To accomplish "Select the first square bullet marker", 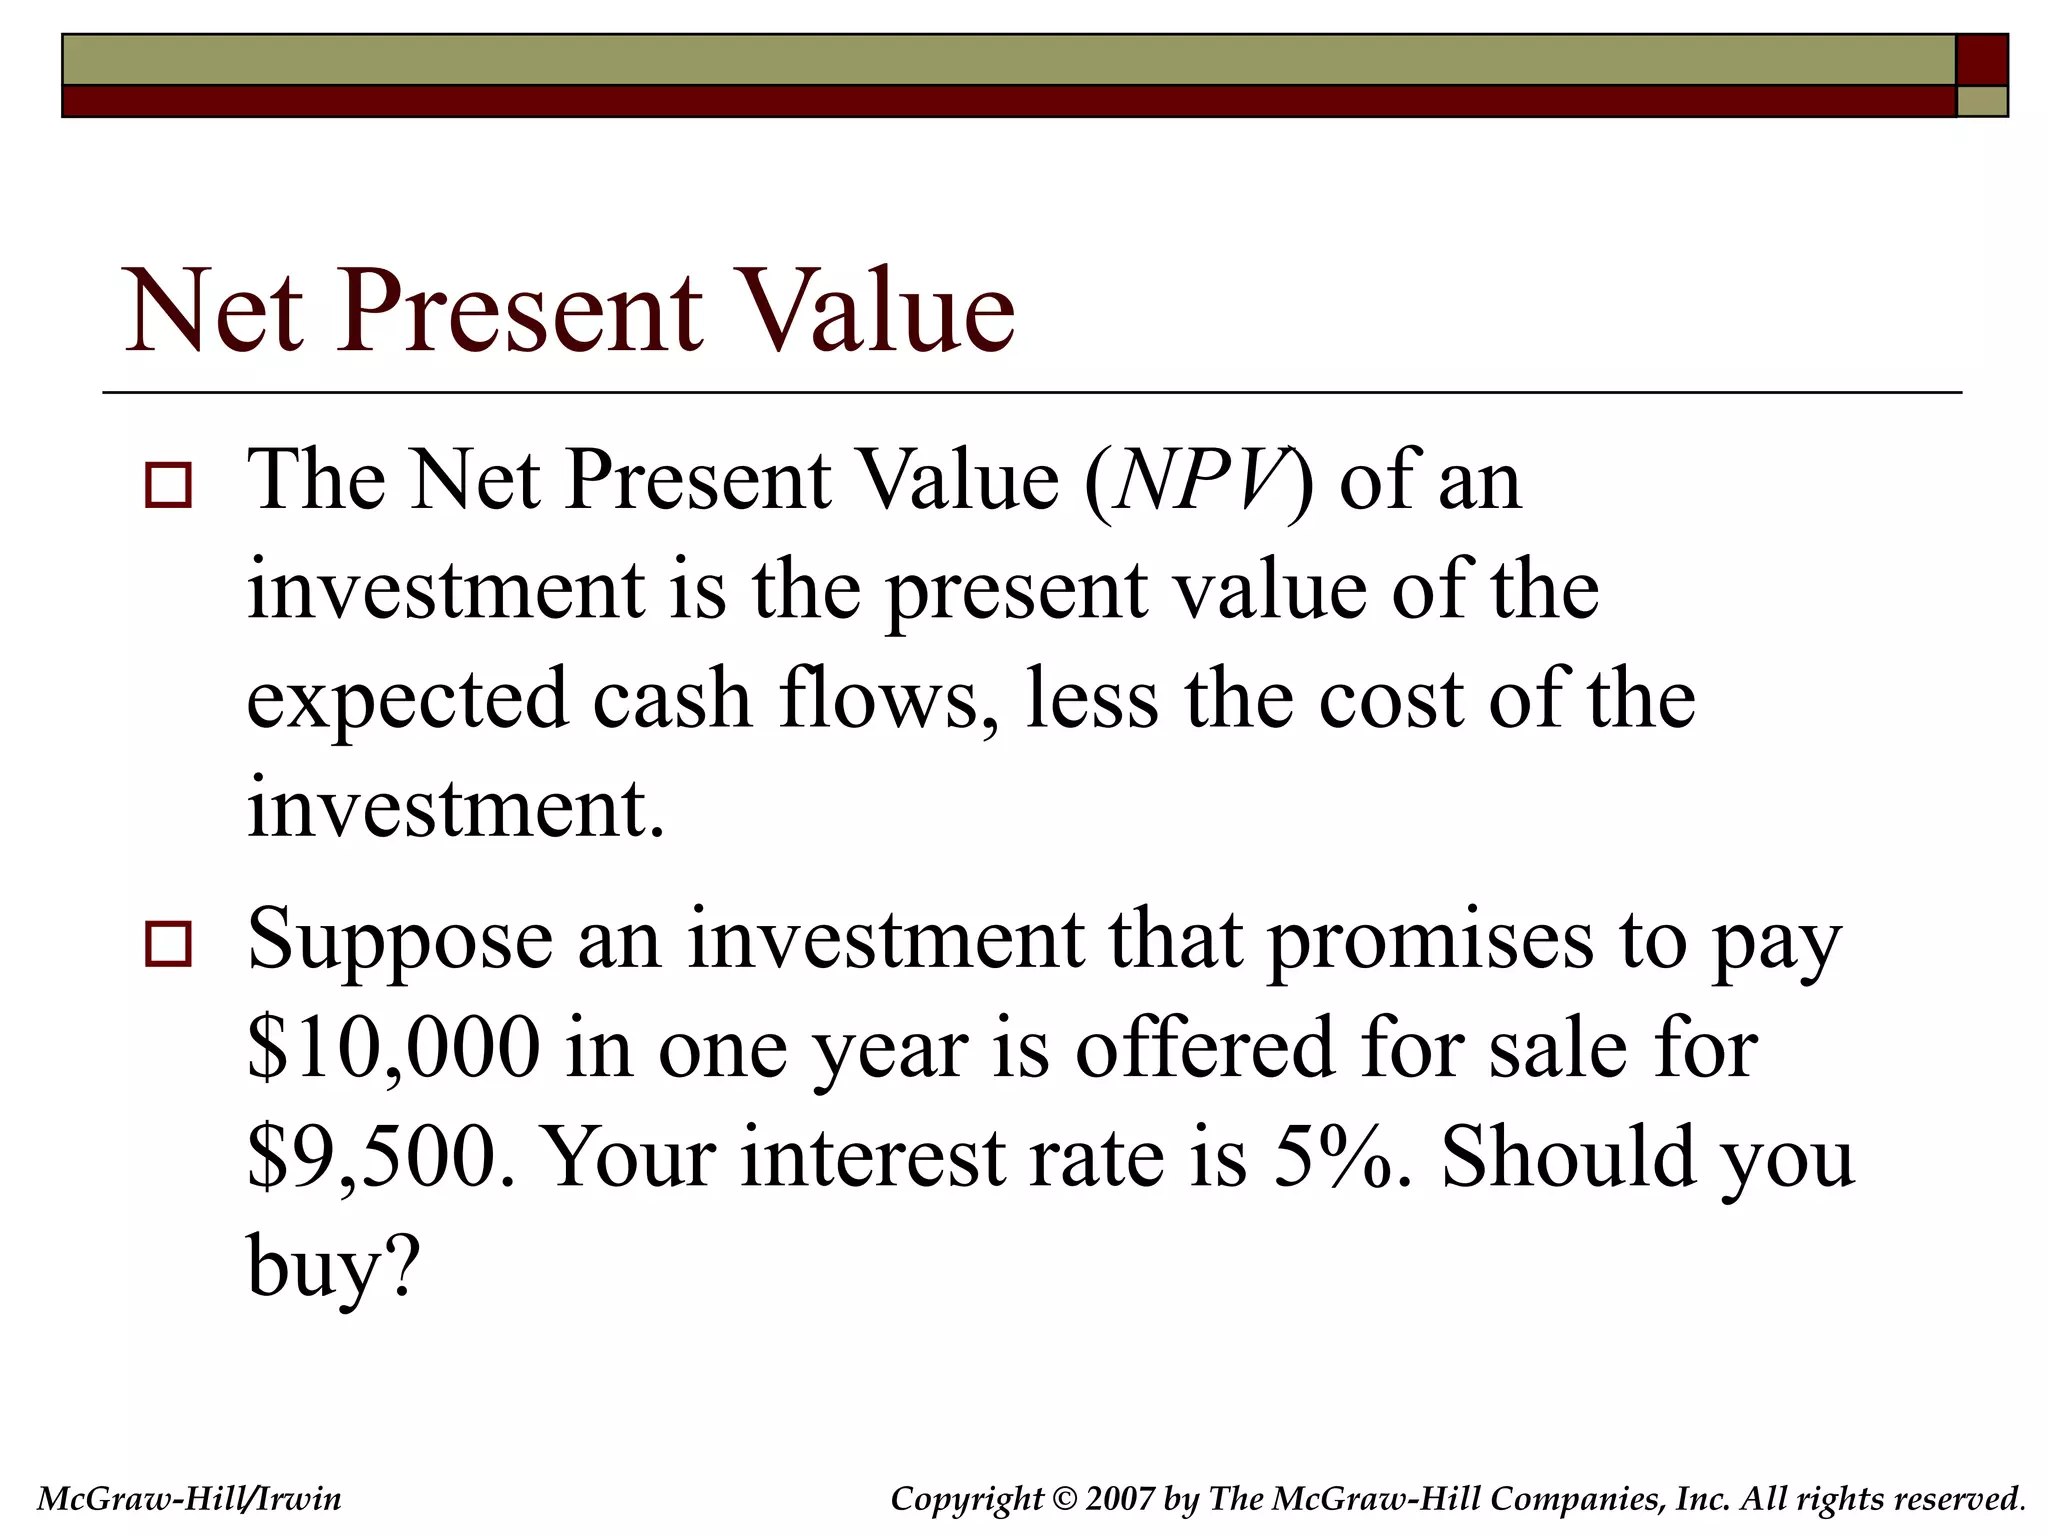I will click(168, 486).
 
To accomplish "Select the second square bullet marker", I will click(168, 944).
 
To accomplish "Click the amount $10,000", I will click(393, 1048).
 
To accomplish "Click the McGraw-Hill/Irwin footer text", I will click(189, 1499).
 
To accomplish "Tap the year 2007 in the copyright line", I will click(1119, 1499).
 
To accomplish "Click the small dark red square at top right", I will click(1981, 60).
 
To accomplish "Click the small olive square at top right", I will click(1981, 101).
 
